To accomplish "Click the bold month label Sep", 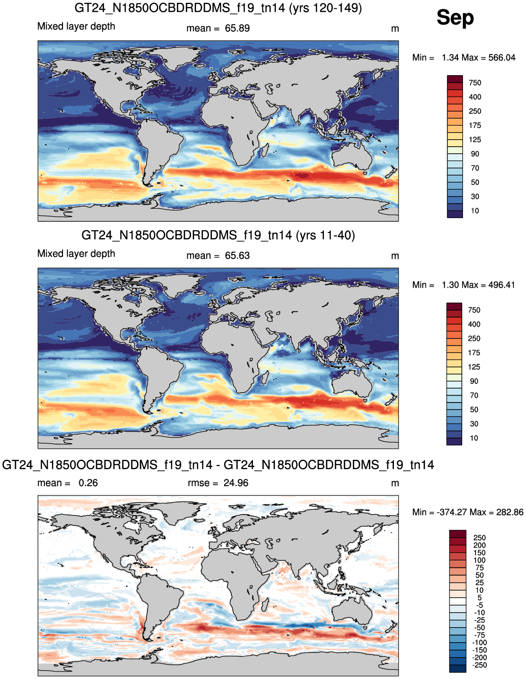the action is [455, 17].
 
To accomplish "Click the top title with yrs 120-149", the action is [218, 7].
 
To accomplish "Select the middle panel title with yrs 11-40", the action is [218, 235].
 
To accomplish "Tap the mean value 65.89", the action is [237, 28].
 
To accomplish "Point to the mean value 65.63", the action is [237, 255].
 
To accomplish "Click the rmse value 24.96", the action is [236, 483].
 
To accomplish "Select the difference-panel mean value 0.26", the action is [88, 483].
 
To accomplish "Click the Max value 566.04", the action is [502, 57].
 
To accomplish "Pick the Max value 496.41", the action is [501, 285].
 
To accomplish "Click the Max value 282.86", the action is [510, 512].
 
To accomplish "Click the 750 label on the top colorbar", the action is [475, 83].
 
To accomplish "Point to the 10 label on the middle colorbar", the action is [474, 438].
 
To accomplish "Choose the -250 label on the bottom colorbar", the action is [479, 665].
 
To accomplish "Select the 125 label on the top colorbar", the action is [475, 140].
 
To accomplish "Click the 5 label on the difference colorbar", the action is [479, 597].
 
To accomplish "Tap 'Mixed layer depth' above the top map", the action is [76, 27].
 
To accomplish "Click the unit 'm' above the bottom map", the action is [395, 483].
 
